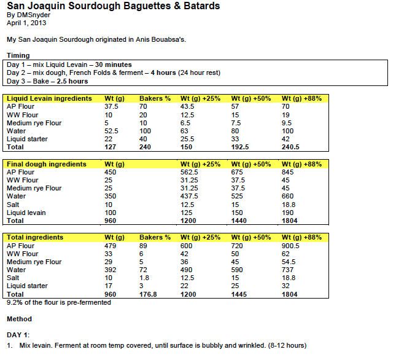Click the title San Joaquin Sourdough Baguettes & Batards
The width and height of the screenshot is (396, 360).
[x=113, y=6]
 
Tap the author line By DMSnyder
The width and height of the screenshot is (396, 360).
[x=28, y=15]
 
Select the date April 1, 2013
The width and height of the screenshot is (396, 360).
[x=26, y=23]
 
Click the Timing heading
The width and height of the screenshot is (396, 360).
[x=18, y=55]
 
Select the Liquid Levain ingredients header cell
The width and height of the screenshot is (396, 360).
[x=49, y=98]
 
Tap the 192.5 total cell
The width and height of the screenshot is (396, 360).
[x=240, y=147]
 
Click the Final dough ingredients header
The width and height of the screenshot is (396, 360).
[x=47, y=164]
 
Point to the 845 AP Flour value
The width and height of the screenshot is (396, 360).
[x=287, y=172]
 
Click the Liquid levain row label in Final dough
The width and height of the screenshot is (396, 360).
[x=26, y=213]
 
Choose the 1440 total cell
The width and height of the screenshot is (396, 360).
[x=239, y=221]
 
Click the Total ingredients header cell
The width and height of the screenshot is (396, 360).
[x=35, y=237]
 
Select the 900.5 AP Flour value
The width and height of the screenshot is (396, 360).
[x=290, y=245]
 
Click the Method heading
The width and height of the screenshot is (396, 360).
[x=19, y=319]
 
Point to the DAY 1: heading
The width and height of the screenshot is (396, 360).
[x=17, y=335]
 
